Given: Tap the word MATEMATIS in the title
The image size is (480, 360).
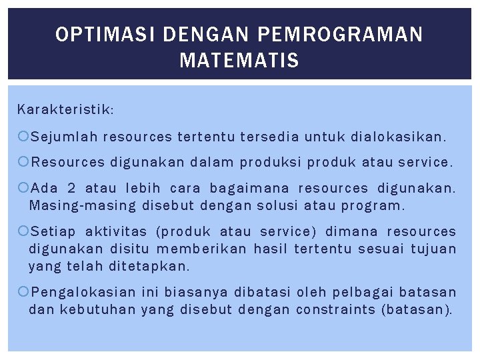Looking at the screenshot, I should (x=239, y=62).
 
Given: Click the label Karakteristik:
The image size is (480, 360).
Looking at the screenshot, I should (x=65, y=109).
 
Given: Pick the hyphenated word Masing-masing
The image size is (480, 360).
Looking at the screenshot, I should (x=81, y=206).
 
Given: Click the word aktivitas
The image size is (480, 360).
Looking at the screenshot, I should (x=115, y=231).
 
